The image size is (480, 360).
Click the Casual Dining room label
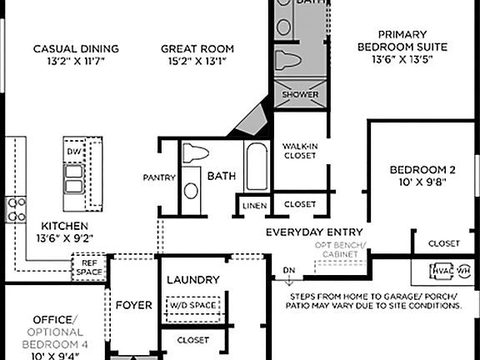click(x=76, y=48)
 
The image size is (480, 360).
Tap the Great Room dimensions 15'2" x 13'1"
click(x=197, y=62)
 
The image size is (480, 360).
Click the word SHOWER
click(x=300, y=95)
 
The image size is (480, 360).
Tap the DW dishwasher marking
click(x=72, y=152)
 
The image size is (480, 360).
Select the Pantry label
click(x=158, y=177)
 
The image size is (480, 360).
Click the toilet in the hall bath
click(x=194, y=153)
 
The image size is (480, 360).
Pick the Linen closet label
click(x=254, y=205)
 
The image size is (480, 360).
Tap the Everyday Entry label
click(x=314, y=232)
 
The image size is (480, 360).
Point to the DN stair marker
click(x=288, y=272)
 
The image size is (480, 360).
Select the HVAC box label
click(x=441, y=271)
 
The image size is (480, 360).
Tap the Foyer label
click(x=133, y=305)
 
